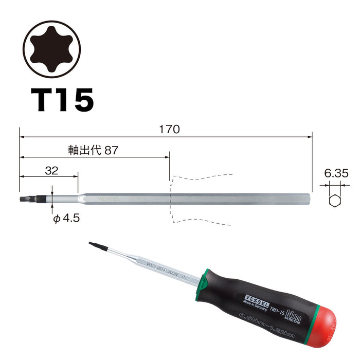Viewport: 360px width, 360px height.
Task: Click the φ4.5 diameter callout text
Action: pyautogui.click(x=67, y=218)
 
